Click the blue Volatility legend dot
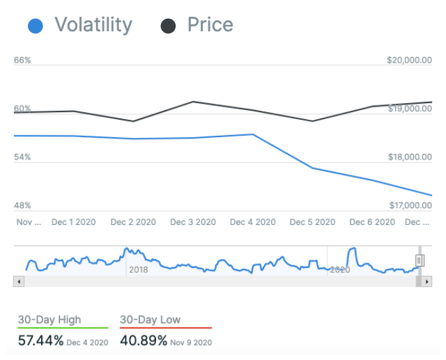pos(36,26)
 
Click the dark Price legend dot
pos(168,26)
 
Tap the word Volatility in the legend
pos(93,26)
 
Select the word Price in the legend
pos(210,26)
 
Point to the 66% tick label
pos(23,61)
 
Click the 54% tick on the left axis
pos(23,157)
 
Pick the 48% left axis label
pos(23,205)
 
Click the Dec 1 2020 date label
pos(73,222)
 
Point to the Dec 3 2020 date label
pos(193,222)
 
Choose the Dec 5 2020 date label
pos(313,222)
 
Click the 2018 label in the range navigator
pos(138,269)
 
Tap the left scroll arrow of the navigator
pos(19,281)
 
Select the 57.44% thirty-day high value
pos(41,341)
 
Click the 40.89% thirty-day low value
pos(144,341)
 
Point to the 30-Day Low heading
pos(151,320)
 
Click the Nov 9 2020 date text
pos(192,343)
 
